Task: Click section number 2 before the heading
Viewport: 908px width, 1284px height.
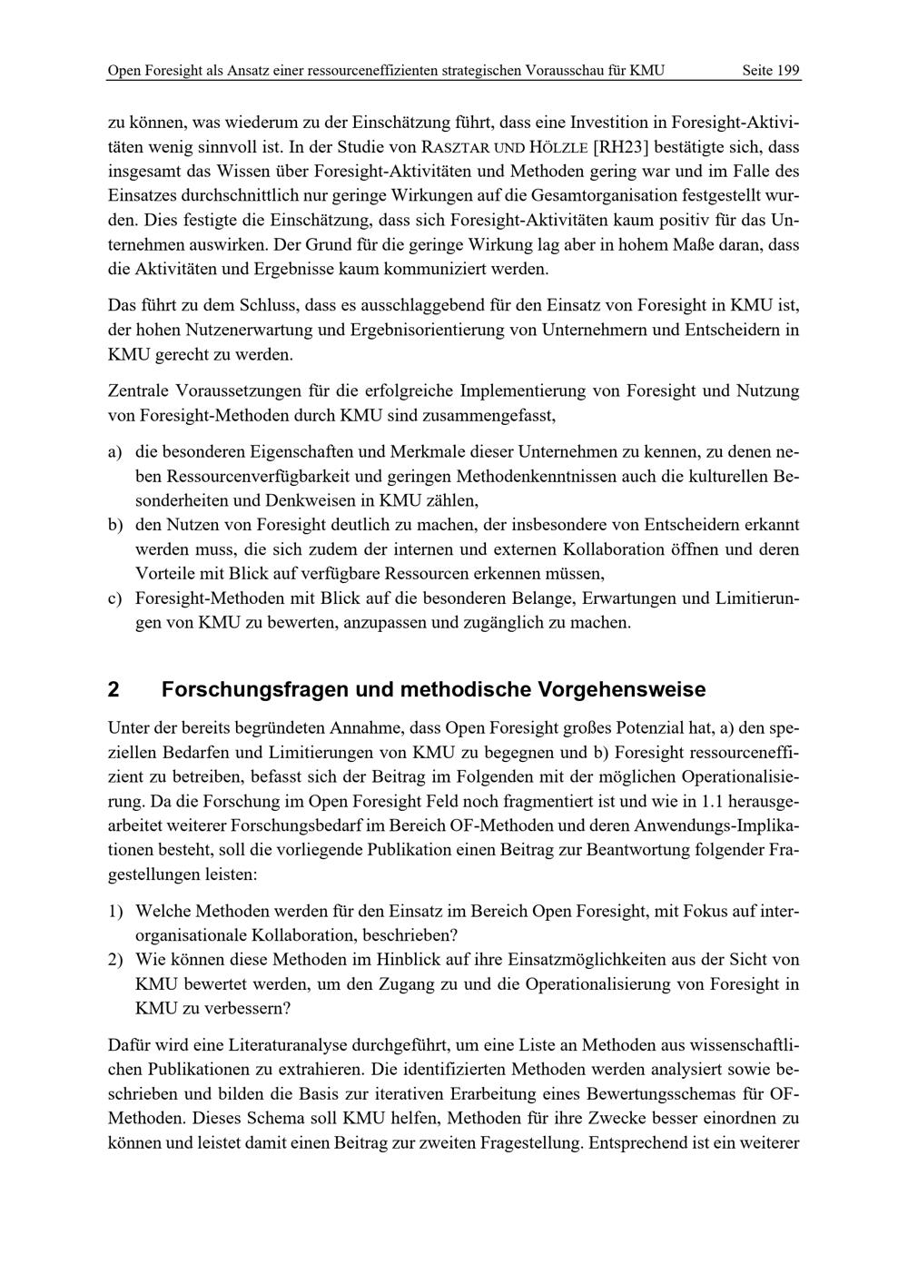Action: click(113, 689)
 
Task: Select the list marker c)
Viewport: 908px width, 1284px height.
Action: click(115, 598)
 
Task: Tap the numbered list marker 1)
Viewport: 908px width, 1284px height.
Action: click(115, 910)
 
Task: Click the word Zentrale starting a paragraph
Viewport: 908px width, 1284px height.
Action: click(139, 391)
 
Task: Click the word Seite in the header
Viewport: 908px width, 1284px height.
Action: click(758, 70)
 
